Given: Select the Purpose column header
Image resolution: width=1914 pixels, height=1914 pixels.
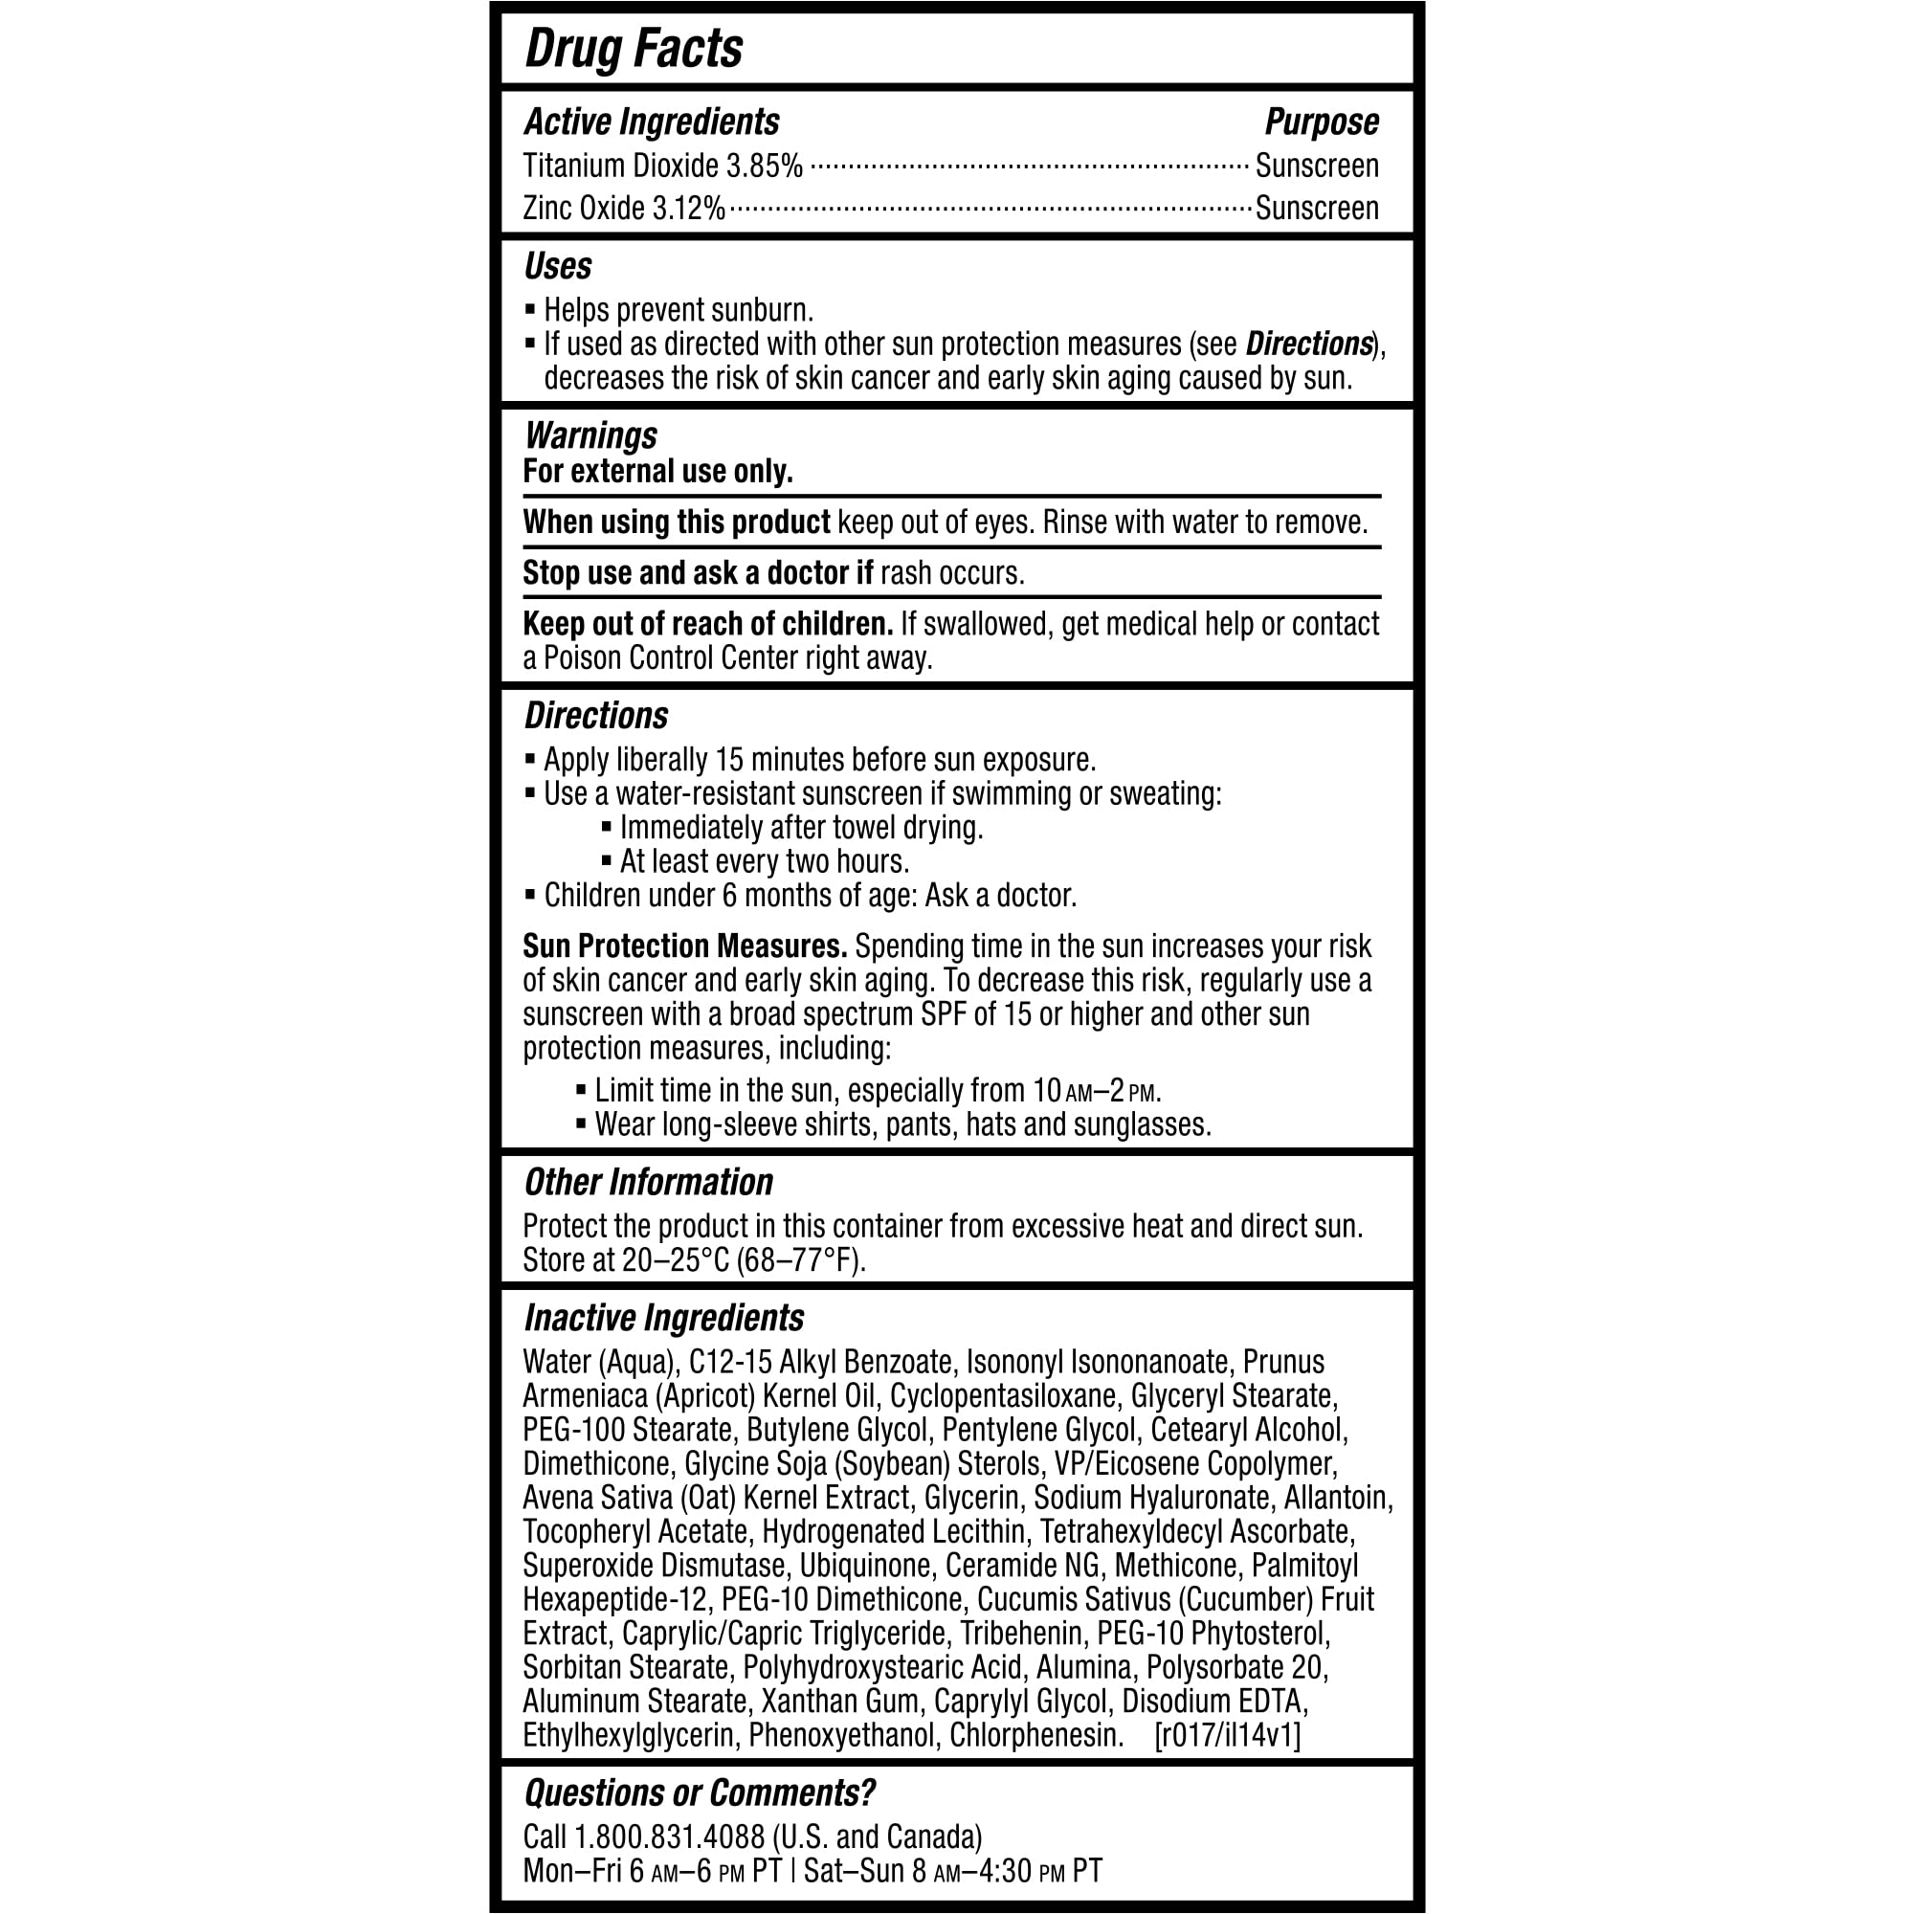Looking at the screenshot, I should click(1321, 122).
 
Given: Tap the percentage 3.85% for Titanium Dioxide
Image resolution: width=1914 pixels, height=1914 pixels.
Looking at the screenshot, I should click(764, 167).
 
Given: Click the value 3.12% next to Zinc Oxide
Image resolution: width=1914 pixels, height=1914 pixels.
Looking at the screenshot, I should click(687, 209).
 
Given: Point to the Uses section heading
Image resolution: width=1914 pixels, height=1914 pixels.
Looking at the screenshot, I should click(558, 266).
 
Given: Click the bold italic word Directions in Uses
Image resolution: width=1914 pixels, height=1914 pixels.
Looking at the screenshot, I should click(1308, 344).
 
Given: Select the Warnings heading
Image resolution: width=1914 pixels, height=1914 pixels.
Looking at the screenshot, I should click(590, 435).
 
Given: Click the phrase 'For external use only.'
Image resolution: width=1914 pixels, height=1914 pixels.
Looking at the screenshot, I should click(657, 472).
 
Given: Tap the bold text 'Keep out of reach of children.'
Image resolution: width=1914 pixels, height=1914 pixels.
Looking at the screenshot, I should click(707, 624).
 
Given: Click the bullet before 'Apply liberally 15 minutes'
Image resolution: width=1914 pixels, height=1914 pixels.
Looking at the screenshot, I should click(530, 761).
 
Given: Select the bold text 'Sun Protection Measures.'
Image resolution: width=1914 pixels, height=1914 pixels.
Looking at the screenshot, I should click(684, 946).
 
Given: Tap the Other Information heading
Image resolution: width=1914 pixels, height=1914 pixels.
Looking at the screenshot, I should click(648, 1182).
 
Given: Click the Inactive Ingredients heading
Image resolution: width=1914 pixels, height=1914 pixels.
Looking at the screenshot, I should click(664, 1318).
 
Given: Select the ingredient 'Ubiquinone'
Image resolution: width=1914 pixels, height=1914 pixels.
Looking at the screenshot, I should click(865, 1566).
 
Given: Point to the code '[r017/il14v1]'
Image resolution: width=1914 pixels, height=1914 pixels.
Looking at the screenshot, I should click(1228, 1735).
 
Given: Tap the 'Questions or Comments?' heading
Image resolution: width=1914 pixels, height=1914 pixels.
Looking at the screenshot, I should click(700, 1793).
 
